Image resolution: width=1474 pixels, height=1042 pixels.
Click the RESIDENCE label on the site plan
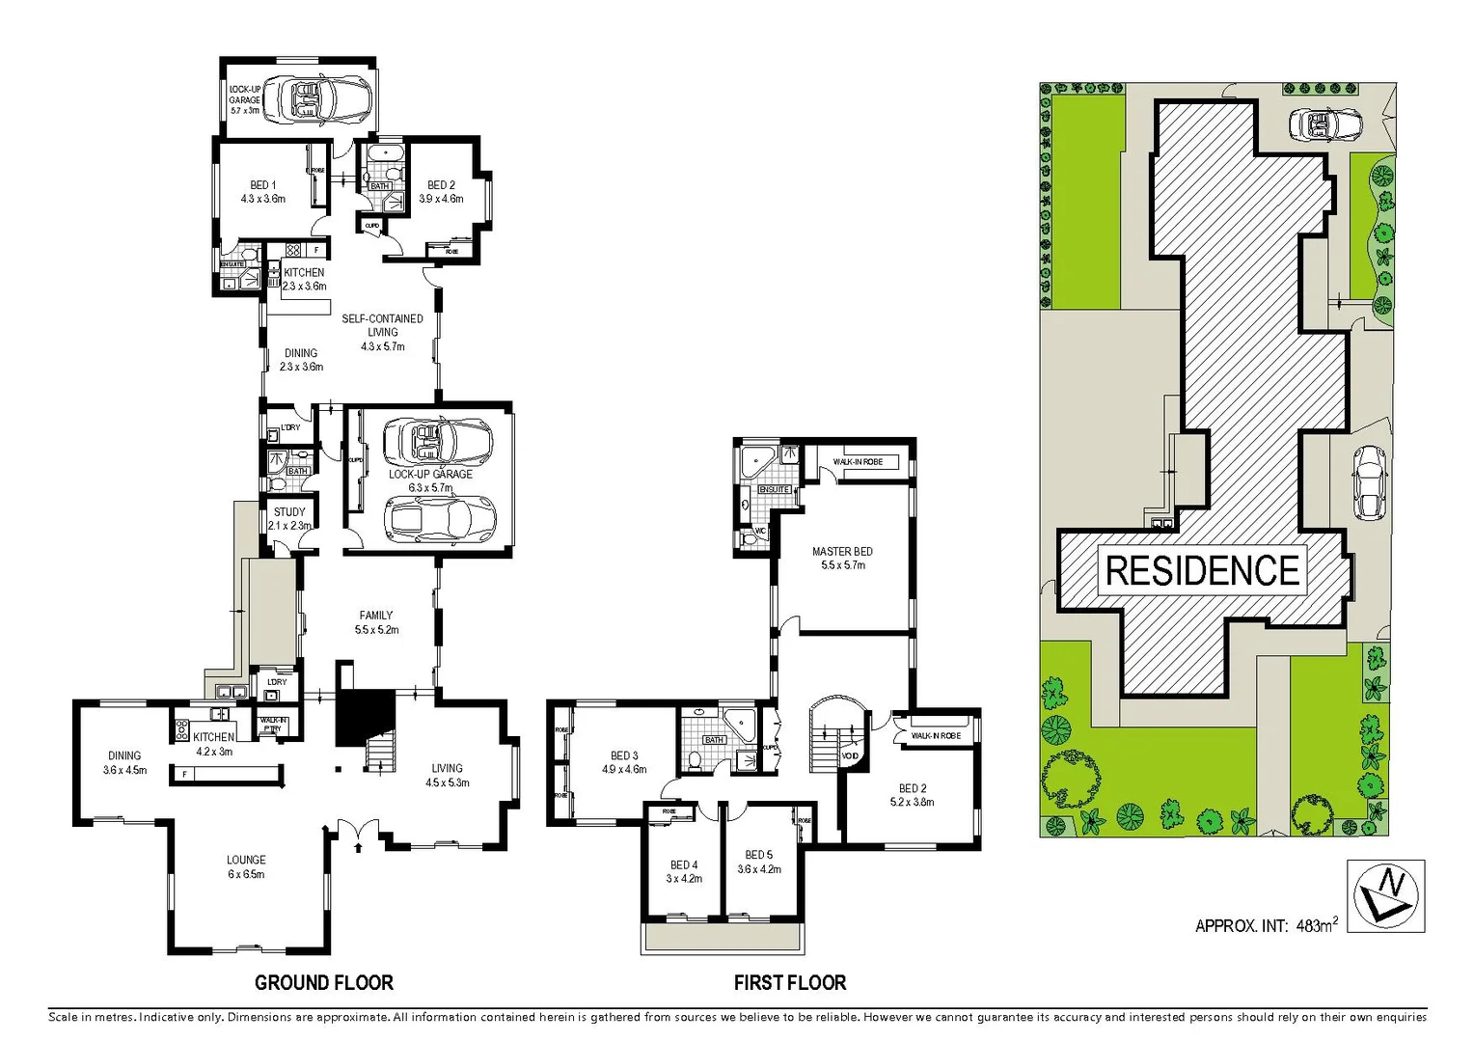click(x=1202, y=570)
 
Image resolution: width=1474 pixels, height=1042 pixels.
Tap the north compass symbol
click(x=1385, y=895)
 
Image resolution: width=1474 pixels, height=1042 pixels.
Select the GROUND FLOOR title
click(x=324, y=983)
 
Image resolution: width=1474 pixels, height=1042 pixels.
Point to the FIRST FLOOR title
click(x=789, y=983)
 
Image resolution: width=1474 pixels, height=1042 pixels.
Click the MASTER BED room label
click(x=842, y=558)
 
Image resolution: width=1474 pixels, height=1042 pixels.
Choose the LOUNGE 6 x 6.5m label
click(x=246, y=866)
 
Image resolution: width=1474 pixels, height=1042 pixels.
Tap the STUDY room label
click(x=289, y=518)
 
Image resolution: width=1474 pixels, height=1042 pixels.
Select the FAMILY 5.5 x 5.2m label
click(x=376, y=622)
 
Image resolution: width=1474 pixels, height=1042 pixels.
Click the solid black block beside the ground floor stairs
click(x=365, y=716)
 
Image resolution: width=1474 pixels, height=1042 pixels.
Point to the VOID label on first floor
click(x=850, y=755)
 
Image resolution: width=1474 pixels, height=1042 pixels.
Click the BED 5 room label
click(x=759, y=862)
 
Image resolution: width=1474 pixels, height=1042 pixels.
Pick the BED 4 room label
click(x=684, y=871)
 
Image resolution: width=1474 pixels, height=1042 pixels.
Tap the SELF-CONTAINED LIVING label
click(x=382, y=332)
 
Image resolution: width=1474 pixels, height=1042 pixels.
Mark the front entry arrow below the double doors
click(x=359, y=847)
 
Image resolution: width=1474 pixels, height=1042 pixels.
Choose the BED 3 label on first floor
click(x=624, y=762)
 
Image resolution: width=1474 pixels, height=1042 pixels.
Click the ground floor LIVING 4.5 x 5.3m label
click(x=447, y=775)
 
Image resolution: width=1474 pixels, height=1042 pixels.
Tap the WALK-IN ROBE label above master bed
click(x=858, y=462)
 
